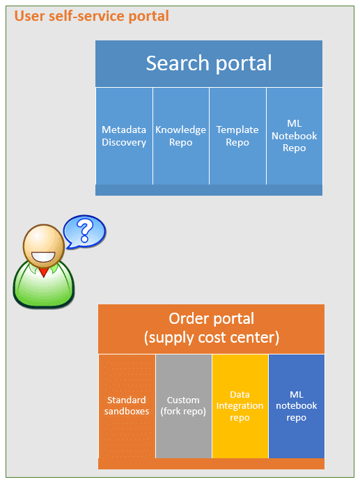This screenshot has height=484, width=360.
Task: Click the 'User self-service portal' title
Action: coord(91,16)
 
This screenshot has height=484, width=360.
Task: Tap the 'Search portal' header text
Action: coord(209,63)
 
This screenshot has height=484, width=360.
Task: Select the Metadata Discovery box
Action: coord(124,136)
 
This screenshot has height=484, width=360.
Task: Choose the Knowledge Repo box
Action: coord(181,136)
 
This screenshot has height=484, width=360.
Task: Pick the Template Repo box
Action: coord(237,136)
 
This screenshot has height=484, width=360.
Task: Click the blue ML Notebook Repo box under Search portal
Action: coord(295,136)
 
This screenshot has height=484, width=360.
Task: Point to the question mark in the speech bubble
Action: coord(84,231)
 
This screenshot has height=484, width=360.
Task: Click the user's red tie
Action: coord(44,272)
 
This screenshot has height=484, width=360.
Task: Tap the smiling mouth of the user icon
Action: coord(43,257)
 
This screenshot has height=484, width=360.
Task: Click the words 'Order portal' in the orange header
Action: coord(211,318)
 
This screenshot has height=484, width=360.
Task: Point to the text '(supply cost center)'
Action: coord(212,337)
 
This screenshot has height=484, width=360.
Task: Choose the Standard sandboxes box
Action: coord(127,406)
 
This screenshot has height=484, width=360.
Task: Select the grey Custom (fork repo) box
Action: coord(184,406)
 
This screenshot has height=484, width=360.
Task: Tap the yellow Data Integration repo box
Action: coord(240,406)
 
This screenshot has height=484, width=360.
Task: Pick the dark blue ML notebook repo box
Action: coord(297,406)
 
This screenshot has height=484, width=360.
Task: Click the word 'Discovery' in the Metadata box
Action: coord(124,142)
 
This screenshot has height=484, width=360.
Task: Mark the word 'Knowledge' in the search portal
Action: coord(180,130)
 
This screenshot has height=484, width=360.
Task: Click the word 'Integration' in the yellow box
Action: coord(240,406)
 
